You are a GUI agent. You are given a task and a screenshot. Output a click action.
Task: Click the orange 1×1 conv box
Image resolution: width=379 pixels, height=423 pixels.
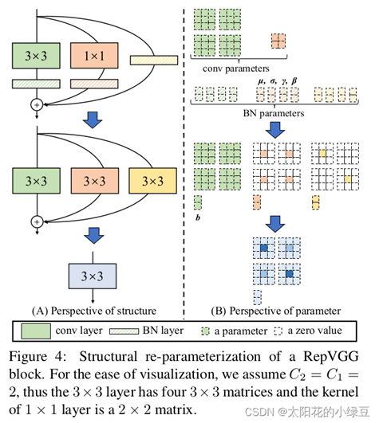tap(94, 55)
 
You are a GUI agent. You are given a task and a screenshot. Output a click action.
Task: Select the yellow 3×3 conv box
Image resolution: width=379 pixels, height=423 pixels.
tap(153, 181)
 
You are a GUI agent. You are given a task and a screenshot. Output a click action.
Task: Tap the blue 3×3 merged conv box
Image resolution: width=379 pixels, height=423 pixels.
tap(93, 276)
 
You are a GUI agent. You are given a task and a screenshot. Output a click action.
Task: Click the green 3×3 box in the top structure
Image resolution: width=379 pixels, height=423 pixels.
tap(36, 55)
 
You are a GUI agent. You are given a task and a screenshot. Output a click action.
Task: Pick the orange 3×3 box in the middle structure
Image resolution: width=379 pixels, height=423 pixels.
tap(94, 181)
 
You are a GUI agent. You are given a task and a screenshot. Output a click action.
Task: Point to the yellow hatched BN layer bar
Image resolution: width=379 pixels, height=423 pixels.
tap(154, 61)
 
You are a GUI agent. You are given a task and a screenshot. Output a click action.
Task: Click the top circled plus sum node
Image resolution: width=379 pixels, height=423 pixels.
tap(37, 104)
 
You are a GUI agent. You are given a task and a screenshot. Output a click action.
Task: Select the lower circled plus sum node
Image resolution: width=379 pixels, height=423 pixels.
tap(37, 221)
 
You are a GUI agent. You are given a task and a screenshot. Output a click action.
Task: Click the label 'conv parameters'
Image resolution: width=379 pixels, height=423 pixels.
tap(236, 69)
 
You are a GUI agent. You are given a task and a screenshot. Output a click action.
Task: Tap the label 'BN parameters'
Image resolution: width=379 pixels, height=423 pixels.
tap(274, 113)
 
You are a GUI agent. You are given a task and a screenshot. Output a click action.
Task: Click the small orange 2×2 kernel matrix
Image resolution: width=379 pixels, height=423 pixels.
tap(278, 41)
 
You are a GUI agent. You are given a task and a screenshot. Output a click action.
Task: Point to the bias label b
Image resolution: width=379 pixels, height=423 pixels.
tap(198, 217)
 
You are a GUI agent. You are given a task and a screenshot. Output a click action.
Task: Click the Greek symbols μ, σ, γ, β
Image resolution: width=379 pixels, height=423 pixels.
tap(278, 80)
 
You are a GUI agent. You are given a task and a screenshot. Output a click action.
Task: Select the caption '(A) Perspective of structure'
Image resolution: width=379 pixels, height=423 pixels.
tap(94, 311)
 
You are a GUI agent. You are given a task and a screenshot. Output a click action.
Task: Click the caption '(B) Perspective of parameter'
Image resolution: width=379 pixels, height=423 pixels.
tap(275, 311)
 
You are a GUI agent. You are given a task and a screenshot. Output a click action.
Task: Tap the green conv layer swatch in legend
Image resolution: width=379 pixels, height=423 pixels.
tap(36, 331)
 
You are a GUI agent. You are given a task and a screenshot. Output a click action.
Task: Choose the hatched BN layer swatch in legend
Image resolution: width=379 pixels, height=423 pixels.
tap(124, 331)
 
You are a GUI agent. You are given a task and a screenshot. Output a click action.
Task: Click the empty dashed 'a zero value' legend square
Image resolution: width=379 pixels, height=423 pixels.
tap(278, 331)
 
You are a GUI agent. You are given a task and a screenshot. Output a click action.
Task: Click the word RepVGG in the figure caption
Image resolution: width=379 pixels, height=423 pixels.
tap(331, 357)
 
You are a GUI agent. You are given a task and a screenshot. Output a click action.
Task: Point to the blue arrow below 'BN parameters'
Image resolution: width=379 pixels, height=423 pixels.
tap(275, 130)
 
